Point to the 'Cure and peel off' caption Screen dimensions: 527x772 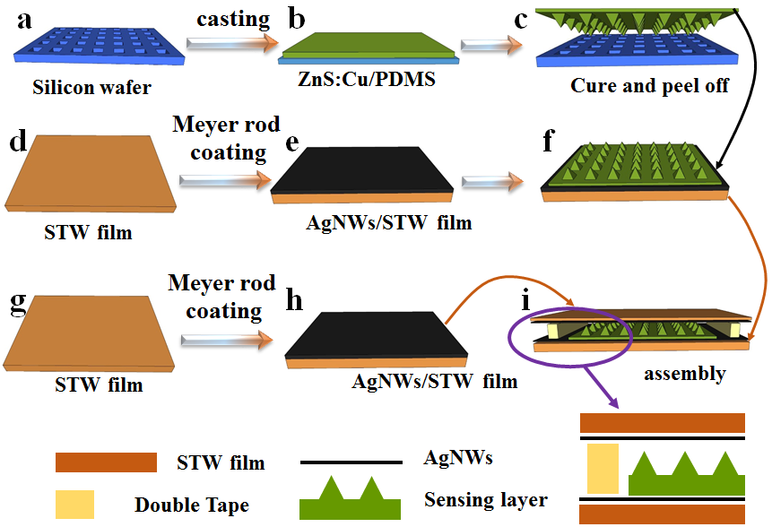[x=638, y=87]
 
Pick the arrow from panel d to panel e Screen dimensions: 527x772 [x=224, y=181]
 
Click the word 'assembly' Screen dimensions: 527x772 [x=684, y=373]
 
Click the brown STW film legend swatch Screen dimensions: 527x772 [x=107, y=462]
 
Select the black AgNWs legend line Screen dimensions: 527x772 [x=351, y=462]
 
